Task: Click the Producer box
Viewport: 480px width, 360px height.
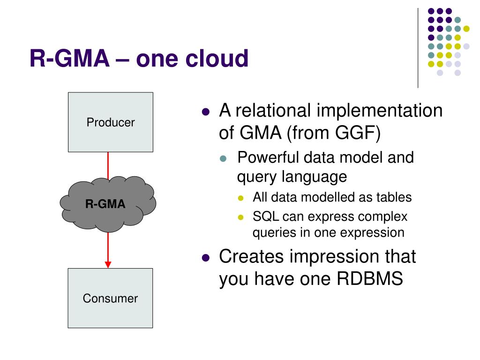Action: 111,122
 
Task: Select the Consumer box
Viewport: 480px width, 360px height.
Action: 110,298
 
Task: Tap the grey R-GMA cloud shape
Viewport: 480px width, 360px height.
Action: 108,204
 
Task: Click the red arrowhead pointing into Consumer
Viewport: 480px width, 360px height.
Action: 108,264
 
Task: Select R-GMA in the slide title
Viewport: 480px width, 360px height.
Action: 69,58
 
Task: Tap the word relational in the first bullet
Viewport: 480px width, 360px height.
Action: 273,110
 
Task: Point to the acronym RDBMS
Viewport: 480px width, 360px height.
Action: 370,278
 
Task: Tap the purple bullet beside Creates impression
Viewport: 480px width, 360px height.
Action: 206,258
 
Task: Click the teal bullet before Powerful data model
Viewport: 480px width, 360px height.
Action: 223,158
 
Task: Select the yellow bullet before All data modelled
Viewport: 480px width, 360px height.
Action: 240,198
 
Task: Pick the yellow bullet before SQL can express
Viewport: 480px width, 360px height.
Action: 240,217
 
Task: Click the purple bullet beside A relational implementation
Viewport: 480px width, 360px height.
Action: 206,112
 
